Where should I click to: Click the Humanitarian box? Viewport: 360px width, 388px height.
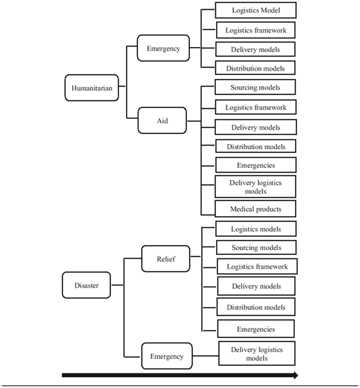tap(91, 88)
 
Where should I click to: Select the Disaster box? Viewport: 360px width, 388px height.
tap(87, 285)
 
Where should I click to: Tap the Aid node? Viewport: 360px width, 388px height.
tap(162, 121)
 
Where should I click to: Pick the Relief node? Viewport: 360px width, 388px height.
tap(165, 259)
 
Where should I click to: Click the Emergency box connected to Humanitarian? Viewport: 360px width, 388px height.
tap(163, 48)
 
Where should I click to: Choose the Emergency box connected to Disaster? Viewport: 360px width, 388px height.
tap(167, 356)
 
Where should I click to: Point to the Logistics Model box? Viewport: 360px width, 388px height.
tap(255, 10)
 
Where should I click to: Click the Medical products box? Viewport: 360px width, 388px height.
tap(255, 209)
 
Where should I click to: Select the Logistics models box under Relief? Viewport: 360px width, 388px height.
tap(256, 229)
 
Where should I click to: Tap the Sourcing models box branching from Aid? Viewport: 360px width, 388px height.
tap(255, 87)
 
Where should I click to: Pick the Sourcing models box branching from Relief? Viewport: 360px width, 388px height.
tap(256, 247)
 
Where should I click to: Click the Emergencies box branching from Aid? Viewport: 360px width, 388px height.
tap(256, 165)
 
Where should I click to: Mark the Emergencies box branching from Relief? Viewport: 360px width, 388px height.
tap(256, 329)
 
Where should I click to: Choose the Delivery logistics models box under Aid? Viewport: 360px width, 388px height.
tap(255, 187)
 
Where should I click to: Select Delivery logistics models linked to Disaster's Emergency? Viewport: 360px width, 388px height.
tap(257, 353)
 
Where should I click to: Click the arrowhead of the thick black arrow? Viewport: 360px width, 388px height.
tap(296, 375)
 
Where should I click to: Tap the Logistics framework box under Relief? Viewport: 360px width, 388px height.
tap(257, 267)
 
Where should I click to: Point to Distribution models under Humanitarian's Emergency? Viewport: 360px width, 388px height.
tap(255, 68)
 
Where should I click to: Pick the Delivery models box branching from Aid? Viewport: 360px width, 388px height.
tap(255, 127)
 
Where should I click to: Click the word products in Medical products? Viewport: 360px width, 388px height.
tap(269, 209)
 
